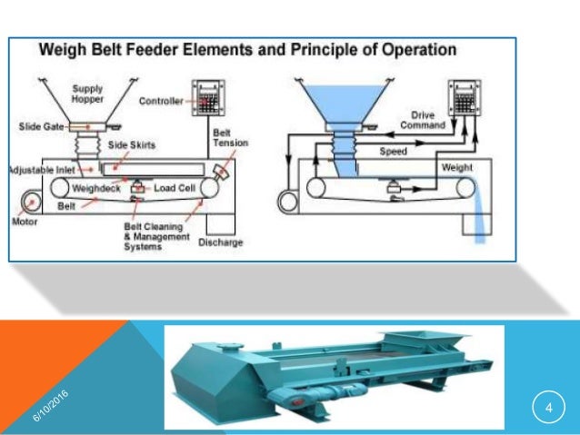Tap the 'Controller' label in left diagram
point(160,101)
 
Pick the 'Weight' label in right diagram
point(456,168)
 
